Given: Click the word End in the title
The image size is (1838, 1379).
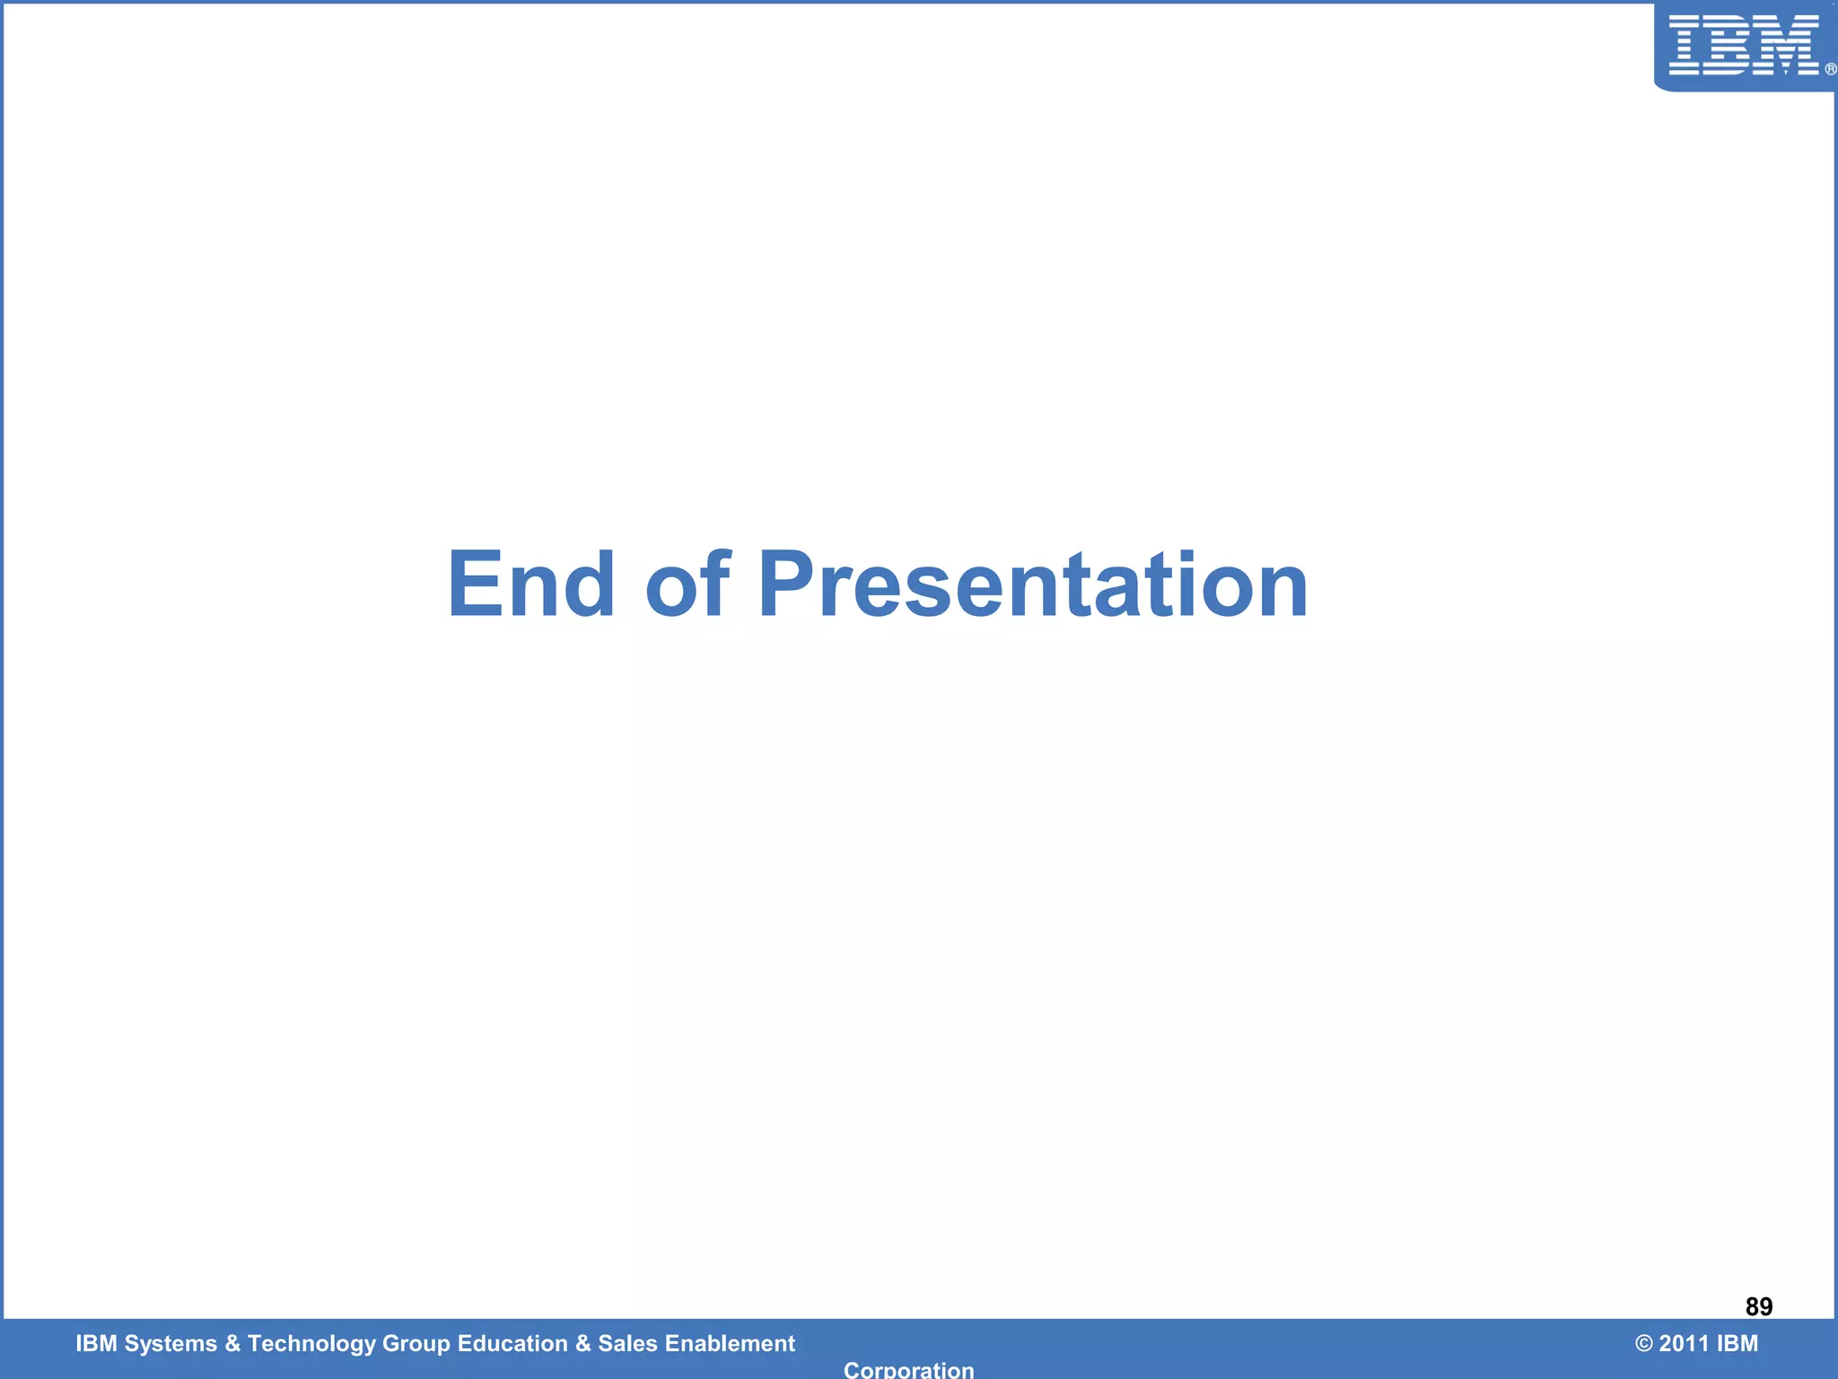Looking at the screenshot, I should [531, 585].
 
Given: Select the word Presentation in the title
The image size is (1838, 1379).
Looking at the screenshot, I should [1033, 585].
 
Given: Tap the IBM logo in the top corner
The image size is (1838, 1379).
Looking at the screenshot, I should [1743, 45].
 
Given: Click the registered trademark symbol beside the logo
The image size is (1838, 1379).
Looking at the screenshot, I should [1830, 69].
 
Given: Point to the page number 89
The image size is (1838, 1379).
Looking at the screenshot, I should [1758, 1306].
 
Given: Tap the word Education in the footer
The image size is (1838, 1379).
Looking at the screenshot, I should [512, 1344].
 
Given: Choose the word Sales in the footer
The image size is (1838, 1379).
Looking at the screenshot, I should [627, 1344].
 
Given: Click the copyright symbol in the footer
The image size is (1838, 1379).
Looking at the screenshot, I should [1643, 1344].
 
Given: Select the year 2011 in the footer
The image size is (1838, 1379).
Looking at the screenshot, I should [1684, 1344].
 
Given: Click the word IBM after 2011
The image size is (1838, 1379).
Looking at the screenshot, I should [1737, 1344].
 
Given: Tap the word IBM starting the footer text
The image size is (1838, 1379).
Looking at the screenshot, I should [96, 1344].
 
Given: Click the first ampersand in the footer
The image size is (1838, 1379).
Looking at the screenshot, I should [232, 1344].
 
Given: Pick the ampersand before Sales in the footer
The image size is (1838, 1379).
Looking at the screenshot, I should [583, 1344].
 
